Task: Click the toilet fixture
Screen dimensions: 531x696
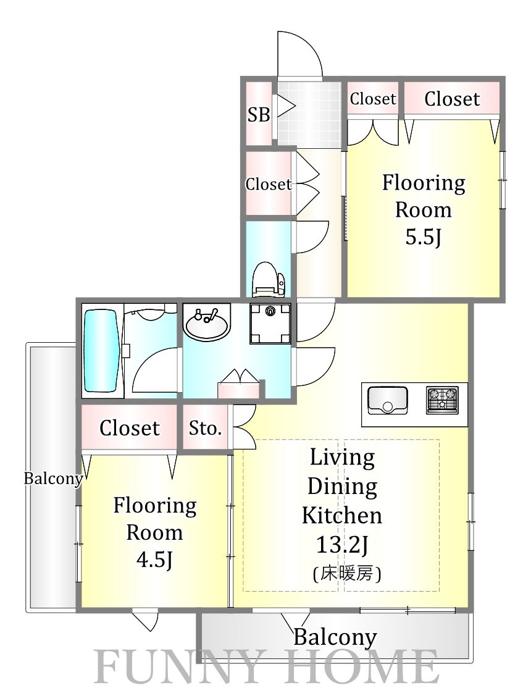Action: point(269,279)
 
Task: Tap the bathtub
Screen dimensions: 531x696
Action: point(101,350)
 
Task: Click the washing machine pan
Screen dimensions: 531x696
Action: point(270,324)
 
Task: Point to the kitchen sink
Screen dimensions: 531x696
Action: point(387,400)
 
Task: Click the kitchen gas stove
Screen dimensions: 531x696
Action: point(442,400)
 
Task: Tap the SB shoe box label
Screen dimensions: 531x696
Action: point(259,115)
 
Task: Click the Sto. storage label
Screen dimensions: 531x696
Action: point(205,428)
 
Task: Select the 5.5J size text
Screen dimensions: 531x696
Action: point(423,238)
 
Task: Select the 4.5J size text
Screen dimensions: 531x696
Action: point(154,560)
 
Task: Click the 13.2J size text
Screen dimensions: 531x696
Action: point(341,545)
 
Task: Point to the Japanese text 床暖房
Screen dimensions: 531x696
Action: point(347,574)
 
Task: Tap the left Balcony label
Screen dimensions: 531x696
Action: point(53,479)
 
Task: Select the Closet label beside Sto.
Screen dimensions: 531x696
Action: point(130,428)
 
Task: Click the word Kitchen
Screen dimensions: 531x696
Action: point(341,515)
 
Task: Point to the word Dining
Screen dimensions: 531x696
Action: point(342,487)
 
